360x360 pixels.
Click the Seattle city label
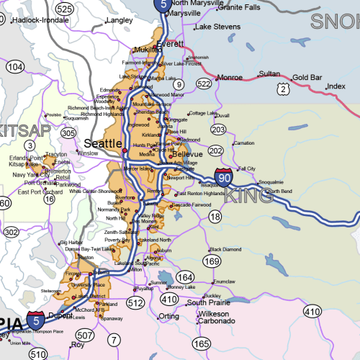point(103,143)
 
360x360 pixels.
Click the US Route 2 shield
point(284,89)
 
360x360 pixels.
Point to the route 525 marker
point(65,9)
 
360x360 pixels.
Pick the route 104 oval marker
point(14,66)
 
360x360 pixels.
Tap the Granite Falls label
point(239,7)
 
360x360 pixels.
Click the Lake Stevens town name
point(217,27)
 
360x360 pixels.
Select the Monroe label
point(230,77)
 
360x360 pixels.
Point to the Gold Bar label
point(307,77)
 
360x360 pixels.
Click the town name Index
point(336,86)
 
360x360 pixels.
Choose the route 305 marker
point(68,133)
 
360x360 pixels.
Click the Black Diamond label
point(225,249)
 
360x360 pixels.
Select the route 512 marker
point(135,302)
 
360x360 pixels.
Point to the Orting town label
point(168,316)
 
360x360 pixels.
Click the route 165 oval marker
point(201,344)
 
